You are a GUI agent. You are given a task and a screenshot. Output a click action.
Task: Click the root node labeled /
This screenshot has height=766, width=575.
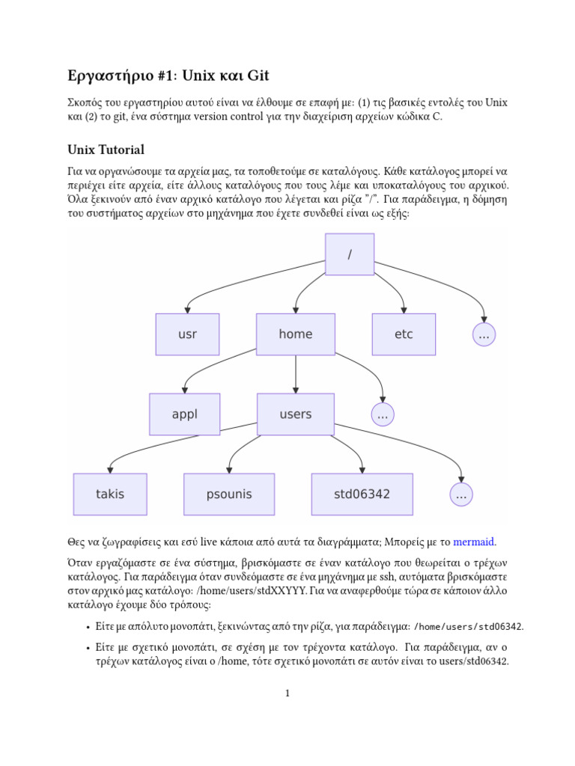350,254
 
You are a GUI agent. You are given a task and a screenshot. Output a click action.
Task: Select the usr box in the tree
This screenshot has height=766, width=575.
187,334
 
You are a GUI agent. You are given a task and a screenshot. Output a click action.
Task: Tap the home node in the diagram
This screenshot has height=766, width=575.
296,334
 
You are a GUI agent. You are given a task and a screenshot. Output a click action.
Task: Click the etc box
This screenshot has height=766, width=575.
404,334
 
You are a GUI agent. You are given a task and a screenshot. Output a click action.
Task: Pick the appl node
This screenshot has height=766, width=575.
185,414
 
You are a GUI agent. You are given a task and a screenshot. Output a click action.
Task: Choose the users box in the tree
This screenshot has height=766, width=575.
296,414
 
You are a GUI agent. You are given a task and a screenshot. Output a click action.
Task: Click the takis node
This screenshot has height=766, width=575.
110,494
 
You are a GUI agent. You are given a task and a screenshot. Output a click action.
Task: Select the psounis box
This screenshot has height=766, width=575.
229,494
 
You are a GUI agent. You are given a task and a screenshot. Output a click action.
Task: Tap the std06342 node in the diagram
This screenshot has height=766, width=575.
362,494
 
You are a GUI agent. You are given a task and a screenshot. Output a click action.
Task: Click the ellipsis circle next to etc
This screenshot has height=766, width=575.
484,335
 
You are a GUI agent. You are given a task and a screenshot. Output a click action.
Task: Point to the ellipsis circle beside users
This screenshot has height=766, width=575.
383,415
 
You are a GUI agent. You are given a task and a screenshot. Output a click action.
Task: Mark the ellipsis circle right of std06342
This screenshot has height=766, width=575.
461,494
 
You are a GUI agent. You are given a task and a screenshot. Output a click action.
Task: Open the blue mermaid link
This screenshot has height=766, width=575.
474,542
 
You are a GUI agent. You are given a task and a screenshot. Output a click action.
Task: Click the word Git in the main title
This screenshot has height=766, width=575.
255,76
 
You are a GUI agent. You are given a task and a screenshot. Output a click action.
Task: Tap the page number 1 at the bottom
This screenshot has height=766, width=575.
287,693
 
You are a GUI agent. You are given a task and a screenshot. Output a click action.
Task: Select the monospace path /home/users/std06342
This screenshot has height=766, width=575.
468,626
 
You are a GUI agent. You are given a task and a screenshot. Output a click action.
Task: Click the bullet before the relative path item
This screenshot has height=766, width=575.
88,647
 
